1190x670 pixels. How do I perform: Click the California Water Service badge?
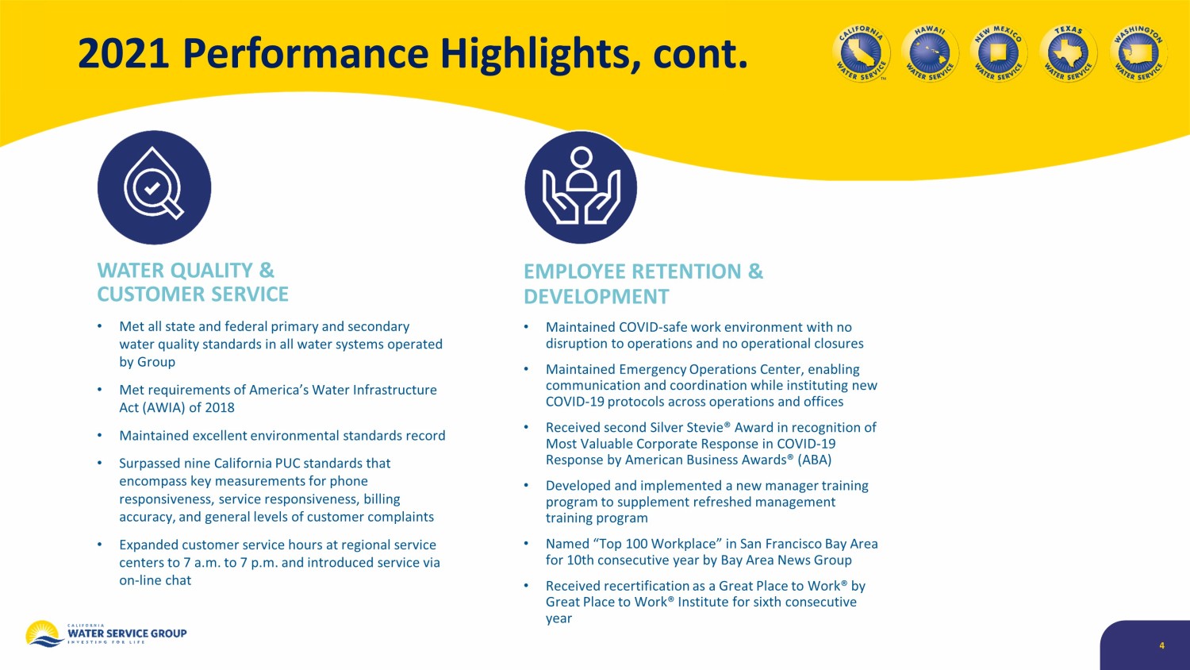coord(861,53)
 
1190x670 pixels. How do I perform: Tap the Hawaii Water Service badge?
coord(930,53)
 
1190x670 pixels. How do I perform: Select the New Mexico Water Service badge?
coord(999,53)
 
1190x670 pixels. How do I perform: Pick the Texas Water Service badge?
coord(1068,53)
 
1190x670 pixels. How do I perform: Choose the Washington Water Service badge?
coord(1138,53)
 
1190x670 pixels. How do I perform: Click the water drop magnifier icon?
coord(154,187)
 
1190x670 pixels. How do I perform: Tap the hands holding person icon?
coord(581,187)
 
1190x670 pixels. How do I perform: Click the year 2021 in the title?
coord(123,54)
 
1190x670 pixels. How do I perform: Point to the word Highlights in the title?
coord(540,55)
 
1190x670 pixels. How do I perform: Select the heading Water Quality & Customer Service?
coord(192,282)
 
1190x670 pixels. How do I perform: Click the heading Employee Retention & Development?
coord(643,283)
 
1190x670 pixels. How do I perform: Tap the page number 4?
coord(1162,645)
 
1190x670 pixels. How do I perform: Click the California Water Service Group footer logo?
coord(106,633)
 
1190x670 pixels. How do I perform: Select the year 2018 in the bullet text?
coord(220,407)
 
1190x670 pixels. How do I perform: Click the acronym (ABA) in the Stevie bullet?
coord(815,460)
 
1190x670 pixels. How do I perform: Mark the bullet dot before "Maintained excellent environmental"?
coord(100,436)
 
